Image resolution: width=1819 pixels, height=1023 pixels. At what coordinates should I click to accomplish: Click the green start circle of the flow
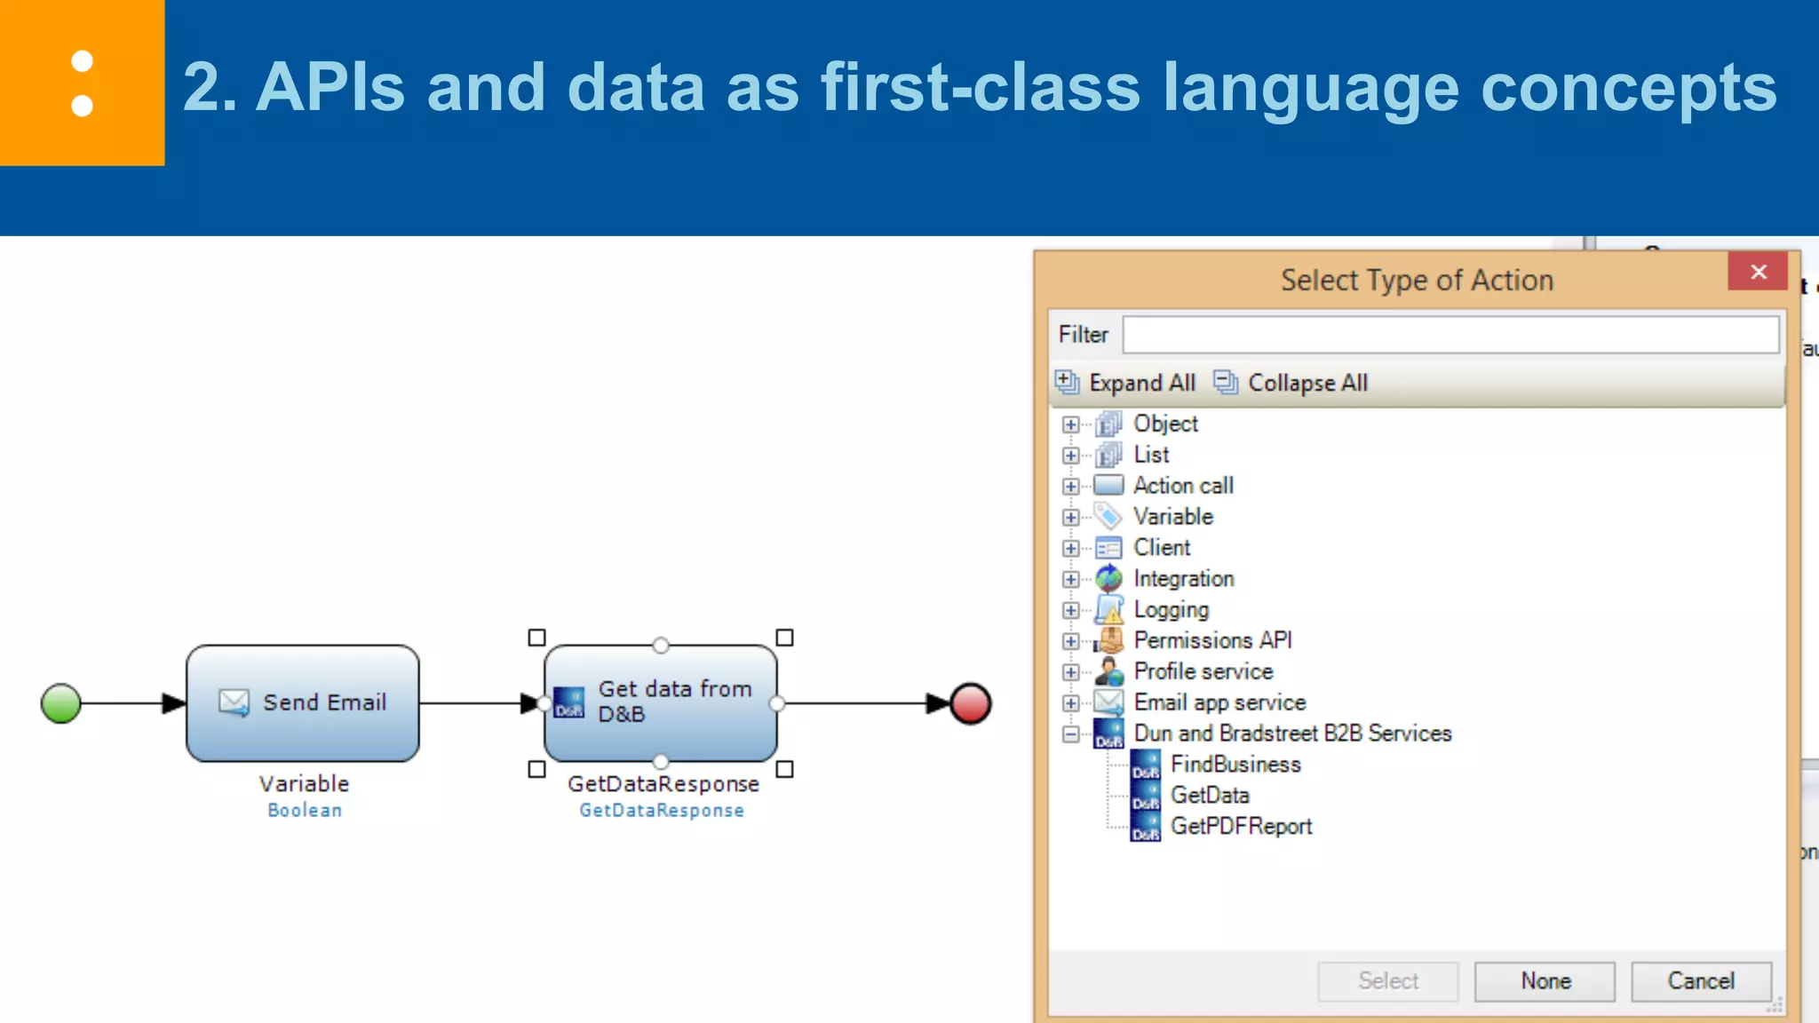(x=60, y=703)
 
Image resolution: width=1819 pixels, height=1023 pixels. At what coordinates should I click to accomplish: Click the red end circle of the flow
(x=970, y=703)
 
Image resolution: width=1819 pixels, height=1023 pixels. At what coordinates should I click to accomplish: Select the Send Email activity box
(x=302, y=702)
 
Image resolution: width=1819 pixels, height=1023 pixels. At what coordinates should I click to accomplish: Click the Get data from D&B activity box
(x=660, y=702)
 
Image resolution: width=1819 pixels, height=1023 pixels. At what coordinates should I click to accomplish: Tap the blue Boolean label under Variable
(x=305, y=810)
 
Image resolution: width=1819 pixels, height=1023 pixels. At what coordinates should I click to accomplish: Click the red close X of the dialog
(x=1758, y=272)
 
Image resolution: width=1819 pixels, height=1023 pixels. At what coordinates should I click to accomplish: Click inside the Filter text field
(x=1450, y=335)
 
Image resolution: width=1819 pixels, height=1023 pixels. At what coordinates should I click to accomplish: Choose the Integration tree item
(x=1183, y=579)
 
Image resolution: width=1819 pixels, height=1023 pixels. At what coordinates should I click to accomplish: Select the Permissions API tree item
(x=1211, y=640)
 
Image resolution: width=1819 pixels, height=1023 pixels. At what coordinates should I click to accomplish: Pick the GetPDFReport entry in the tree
(x=1240, y=826)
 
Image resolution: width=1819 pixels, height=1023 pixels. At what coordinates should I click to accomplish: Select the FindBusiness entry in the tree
(x=1235, y=765)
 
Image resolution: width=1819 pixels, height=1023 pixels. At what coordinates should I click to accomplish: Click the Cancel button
(x=1700, y=980)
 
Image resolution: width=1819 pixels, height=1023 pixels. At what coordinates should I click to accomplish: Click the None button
(x=1545, y=980)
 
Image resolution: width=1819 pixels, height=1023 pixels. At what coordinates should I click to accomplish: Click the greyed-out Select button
(x=1387, y=980)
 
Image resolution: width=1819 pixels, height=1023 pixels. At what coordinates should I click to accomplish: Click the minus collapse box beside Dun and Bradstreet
(x=1071, y=734)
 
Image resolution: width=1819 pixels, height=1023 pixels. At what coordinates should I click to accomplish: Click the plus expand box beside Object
(x=1071, y=424)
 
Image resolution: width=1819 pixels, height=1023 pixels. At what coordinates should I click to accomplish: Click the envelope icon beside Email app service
(x=1108, y=702)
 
